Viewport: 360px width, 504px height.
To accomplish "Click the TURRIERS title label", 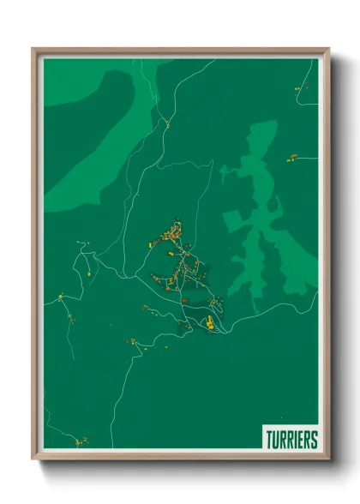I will (291, 439).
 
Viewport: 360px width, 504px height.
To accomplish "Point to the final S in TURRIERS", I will (314, 439).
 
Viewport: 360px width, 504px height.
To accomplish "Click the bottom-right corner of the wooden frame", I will (328, 459).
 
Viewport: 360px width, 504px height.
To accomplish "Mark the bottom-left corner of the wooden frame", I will (33, 459).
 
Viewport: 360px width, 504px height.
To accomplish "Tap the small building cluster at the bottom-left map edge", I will (81, 442).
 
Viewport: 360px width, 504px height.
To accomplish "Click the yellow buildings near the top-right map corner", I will (299, 87).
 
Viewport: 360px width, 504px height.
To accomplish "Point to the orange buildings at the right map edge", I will (292, 157).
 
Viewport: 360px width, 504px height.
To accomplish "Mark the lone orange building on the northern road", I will (168, 126).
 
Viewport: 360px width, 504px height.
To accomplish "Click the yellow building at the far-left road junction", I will (60, 297).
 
